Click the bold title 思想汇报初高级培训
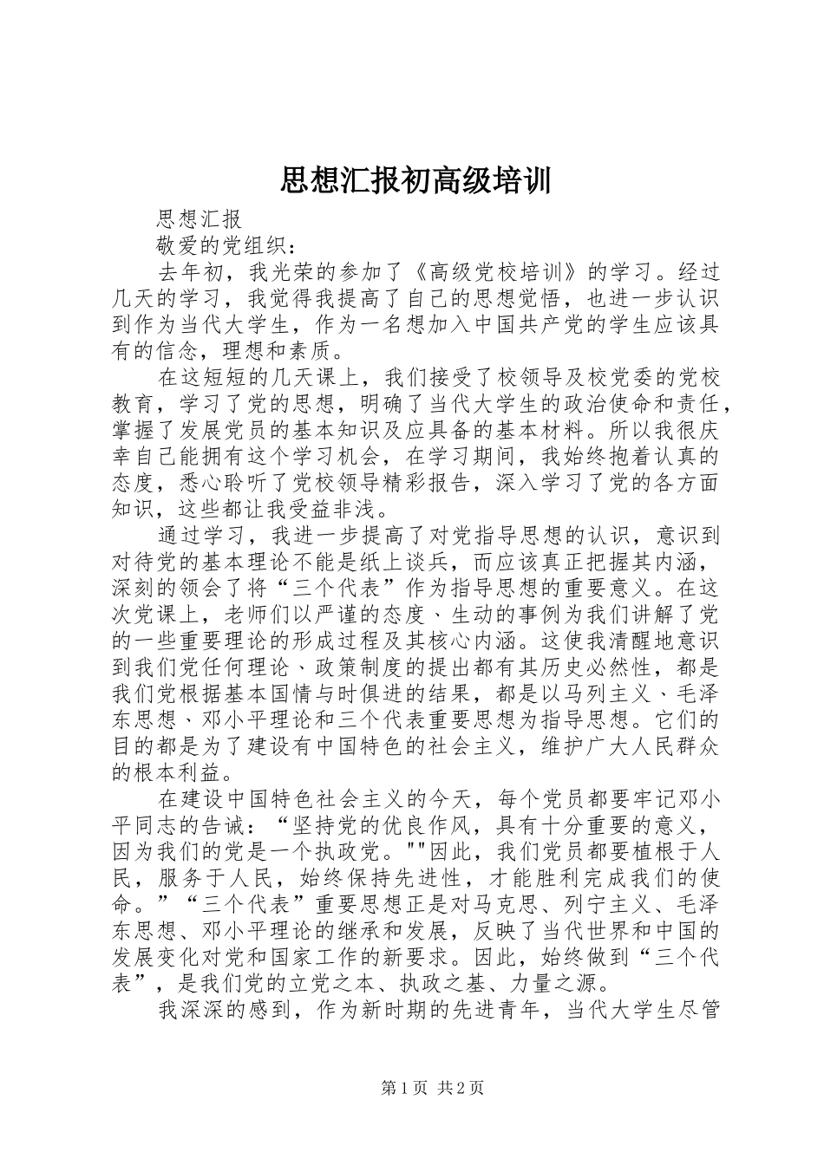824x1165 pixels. pyautogui.click(x=415, y=181)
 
